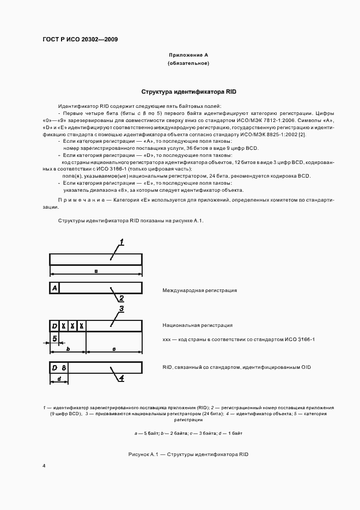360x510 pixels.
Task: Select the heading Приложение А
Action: coord(188,55)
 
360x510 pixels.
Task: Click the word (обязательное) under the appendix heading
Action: coord(188,64)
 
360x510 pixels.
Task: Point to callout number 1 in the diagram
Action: coord(122,242)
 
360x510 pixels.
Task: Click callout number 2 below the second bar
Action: coord(121,298)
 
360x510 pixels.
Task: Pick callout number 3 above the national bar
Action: coord(121,309)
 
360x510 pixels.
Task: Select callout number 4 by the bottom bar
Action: coord(121,377)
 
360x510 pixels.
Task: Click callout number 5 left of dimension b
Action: coord(56,338)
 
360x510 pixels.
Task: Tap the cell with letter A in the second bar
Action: coord(54,288)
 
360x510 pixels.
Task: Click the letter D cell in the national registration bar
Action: coord(54,326)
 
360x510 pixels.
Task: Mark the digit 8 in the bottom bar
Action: coord(64,367)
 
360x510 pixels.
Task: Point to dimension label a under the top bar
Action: coord(96,270)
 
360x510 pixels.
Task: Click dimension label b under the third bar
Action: coord(68,348)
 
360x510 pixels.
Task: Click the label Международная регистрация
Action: coord(199,290)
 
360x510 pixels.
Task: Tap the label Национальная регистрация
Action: coord(197,325)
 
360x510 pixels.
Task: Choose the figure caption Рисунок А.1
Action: coord(188,454)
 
